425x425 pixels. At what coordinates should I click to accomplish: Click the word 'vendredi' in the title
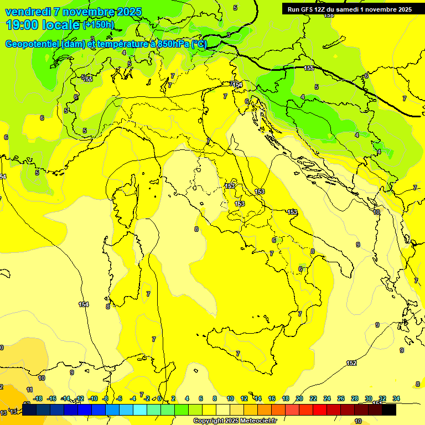coord(27,12)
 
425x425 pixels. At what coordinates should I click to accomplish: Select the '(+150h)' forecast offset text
coord(99,25)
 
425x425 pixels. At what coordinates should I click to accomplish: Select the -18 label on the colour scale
coord(38,398)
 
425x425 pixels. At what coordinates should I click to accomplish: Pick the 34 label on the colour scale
coord(396,398)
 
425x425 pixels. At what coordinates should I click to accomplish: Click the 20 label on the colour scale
coord(299,398)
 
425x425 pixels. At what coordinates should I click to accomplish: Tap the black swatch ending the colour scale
coord(389,410)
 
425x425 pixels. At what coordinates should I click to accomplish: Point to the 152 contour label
coord(351,363)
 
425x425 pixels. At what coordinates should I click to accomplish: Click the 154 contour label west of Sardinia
coord(84,304)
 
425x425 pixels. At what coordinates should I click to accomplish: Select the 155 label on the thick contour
coord(309,68)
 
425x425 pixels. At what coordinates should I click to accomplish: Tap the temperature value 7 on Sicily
coord(238,353)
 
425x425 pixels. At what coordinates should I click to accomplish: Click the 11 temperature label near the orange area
coord(29,390)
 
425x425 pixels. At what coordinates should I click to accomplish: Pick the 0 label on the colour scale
coord(159,398)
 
